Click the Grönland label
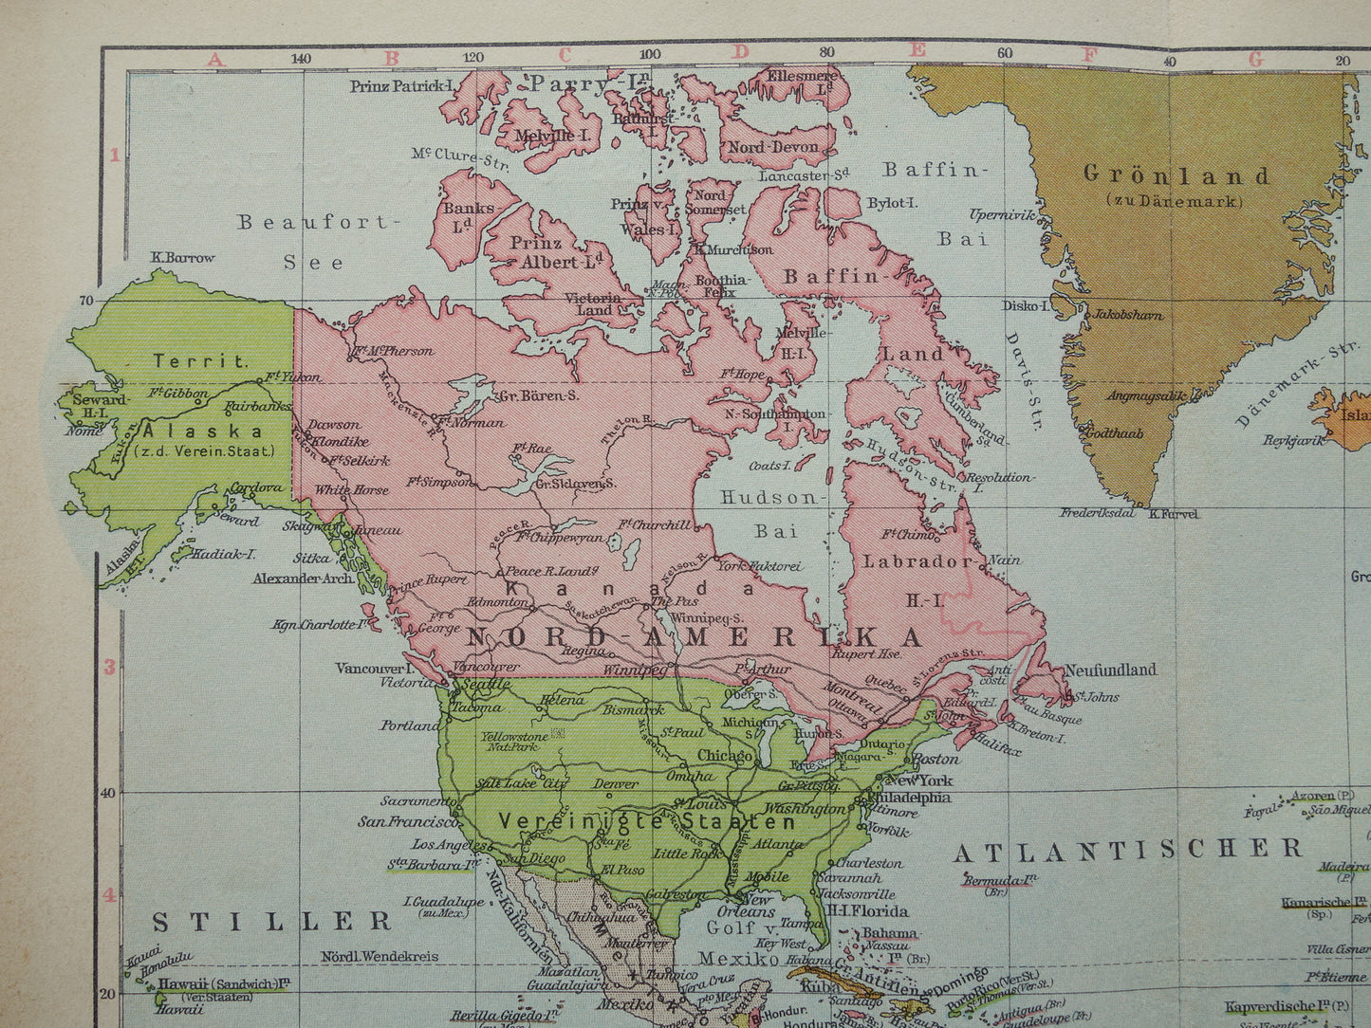[x=1176, y=175]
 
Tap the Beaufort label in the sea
[x=314, y=223]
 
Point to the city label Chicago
[x=726, y=756]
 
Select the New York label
[x=919, y=780]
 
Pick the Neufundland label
[x=1110, y=670]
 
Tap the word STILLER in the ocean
[x=272, y=921]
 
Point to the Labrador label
[x=904, y=561]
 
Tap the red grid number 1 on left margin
[x=115, y=155]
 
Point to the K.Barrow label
[x=183, y=257]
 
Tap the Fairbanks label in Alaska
[x=257, y=407]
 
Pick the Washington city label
[x=804, y=809]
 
